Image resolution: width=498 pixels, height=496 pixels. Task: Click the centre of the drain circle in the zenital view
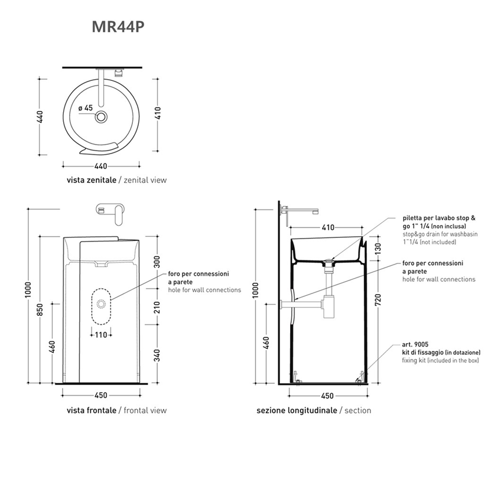pyautogui.click(x=102, y=117)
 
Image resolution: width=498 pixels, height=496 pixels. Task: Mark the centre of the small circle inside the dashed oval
pyautogui.click(x=102, y=304)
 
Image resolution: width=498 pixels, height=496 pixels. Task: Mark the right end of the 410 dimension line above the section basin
pyautogui.click(x=362, y=227)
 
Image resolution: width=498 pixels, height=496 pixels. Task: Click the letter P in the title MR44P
pyautogui.click(x=139, y=27)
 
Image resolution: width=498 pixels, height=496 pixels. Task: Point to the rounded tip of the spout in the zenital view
pyautogui.click(x=102, y=105)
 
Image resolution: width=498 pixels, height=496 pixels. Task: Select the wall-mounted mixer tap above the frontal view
pyautogui.click(x=110, y=214)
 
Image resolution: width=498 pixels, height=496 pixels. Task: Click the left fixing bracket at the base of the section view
pyautogui.click(x=296, y=378)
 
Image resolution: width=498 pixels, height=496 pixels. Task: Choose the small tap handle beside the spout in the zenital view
pyautogui.click(x=119, y=73)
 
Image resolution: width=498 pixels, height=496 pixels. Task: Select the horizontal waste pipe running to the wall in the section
pyautogui.click(x=301, y=305)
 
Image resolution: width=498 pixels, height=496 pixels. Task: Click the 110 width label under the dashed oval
pyautogui.click(x=101, y=335)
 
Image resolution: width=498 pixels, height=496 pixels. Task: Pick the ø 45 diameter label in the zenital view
pyautogui.click(x=86, y=108)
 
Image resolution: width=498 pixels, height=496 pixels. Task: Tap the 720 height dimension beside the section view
pyautogui.click(x=378, y=300)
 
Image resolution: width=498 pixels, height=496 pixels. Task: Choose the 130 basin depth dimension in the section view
pyautogui.click(x=378, y=249)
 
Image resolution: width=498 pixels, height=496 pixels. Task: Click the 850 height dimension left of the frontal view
pyautogui.click(x=40, y=310)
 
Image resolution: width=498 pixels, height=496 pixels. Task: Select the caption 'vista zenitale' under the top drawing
pyautogui.click(x=92, y=180)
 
